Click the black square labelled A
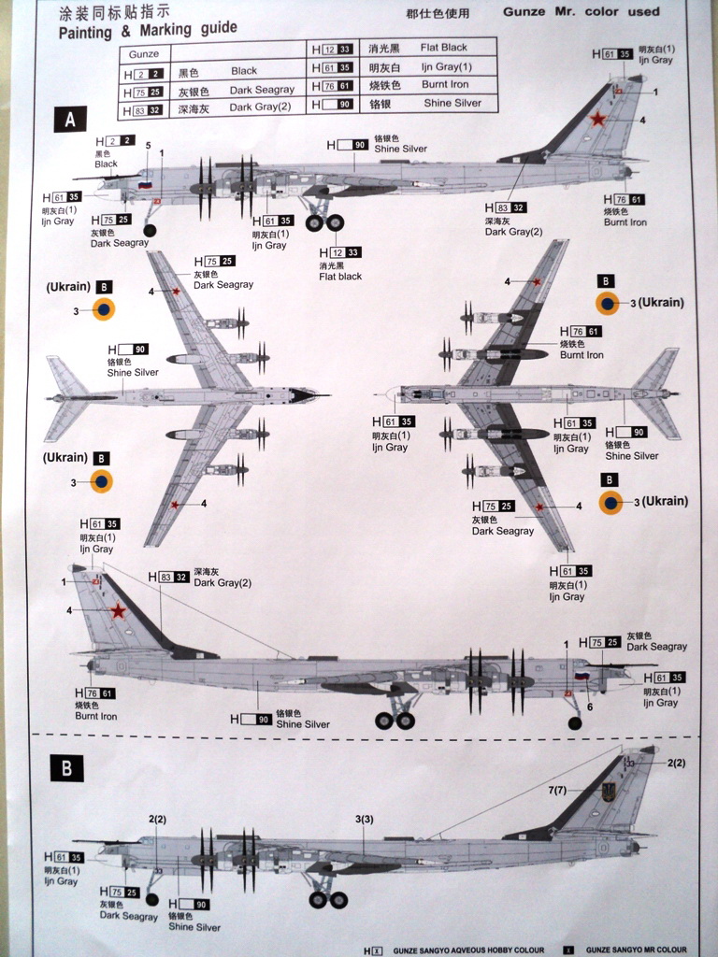click(x=70, y=120)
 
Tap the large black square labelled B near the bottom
click(x=66, y=768)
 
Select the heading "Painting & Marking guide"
click(x=148, y=31)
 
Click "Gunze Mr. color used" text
click(x=581, y=13)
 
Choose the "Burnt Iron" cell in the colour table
click(x=445, y=85)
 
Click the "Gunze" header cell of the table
click(x=144, y=55)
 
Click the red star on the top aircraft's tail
click(x=597, y=119)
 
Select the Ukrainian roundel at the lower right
click(x=610, y=503)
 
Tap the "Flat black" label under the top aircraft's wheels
click(x=340, y=277)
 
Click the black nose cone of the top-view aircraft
click(x=302, y=395)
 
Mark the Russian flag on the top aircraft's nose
click(x=145, y=185)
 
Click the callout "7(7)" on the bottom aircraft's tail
click(x=558, y=791)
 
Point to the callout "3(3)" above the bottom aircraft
click(x=365, y=820)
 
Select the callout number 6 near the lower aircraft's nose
click(x=589, y=707)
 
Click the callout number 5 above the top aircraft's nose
click(x=148, y=145)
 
